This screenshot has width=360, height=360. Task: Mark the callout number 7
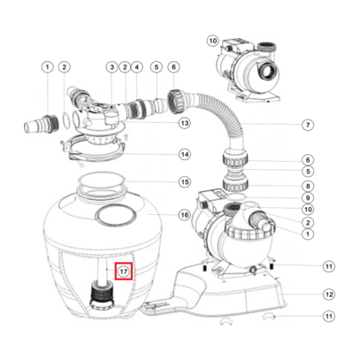(x=308, y=125)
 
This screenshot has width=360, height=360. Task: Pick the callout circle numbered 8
(x=308, y=187)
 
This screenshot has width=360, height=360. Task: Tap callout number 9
(x=308, y=199)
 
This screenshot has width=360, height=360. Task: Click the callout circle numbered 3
(x=112, y=66)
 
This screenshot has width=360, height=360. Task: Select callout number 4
(x=137, y=66)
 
